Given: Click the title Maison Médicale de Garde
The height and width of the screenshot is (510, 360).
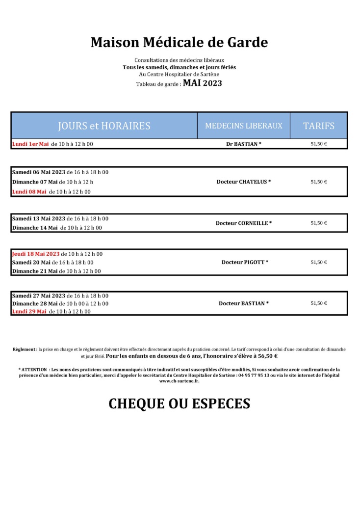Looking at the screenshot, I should (179, 43).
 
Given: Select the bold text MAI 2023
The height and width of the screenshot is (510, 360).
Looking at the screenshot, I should (202, 83).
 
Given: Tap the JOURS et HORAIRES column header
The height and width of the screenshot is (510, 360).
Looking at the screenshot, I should (104, 126).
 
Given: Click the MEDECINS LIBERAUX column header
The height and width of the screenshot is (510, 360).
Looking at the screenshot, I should (244, 126).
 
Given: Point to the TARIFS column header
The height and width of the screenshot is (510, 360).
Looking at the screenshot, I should (318, 126).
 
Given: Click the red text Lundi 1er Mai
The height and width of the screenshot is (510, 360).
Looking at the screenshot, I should (30, 144).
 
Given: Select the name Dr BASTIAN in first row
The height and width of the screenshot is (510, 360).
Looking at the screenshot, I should (244, 144).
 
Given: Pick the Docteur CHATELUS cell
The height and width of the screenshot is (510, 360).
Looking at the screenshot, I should (244, 182).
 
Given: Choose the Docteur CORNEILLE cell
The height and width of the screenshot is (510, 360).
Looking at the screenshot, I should (244, 223).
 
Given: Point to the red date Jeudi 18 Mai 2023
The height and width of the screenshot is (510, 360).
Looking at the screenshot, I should (36, 254).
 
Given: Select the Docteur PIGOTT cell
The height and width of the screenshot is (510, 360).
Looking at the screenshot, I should (245, 262).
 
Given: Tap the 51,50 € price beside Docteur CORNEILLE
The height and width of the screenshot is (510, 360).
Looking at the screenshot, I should (318, 223).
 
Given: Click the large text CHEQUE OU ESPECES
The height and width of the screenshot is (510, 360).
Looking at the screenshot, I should (179, 403).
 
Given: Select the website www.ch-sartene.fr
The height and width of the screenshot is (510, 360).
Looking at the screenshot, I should (179, 381).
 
